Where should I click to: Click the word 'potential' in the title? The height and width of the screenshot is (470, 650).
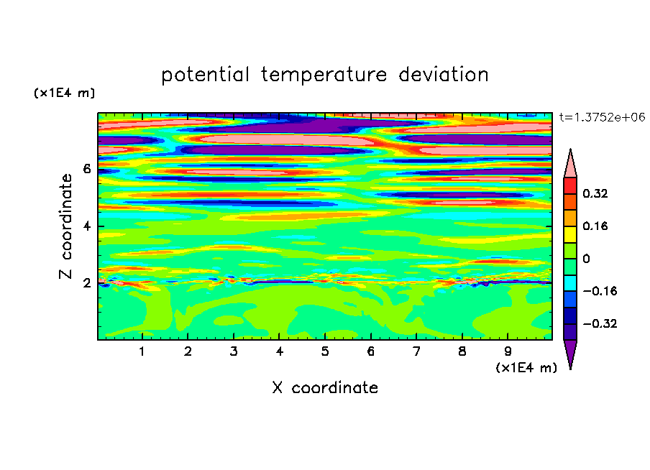205,75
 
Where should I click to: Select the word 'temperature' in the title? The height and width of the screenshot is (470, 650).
324,75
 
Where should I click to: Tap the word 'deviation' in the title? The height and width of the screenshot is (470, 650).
444,74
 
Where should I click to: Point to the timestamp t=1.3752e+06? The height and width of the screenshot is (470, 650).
602,117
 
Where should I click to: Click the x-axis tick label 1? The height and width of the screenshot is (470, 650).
142,351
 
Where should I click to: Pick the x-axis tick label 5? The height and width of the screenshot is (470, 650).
325,351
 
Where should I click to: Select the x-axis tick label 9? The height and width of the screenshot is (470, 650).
508,351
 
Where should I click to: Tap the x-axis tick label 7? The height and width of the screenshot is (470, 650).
416,351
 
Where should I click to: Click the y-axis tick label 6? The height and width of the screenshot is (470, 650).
87,169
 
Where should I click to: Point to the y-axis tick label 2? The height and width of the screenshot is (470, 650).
87,283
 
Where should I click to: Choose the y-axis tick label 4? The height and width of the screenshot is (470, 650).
87,226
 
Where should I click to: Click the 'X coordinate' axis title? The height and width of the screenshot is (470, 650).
325,387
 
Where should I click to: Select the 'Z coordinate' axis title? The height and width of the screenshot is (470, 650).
65,226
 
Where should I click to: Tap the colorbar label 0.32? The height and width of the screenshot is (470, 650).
595,193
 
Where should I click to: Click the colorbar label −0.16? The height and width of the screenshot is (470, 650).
600,291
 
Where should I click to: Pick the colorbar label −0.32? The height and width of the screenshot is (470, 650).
600,323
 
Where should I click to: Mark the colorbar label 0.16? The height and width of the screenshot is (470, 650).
595,226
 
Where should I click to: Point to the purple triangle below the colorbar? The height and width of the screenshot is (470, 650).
570,352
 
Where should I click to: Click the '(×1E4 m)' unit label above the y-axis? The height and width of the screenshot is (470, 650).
64,93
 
